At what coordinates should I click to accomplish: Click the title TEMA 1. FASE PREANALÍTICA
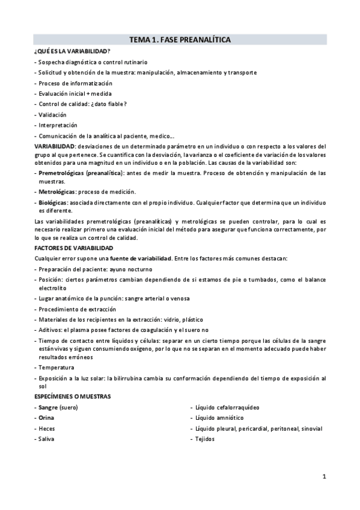point(180,40)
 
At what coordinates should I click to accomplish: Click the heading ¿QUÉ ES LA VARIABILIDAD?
point(72,51)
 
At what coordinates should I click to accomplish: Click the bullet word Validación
point(52,114)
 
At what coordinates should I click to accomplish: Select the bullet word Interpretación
point(58,125)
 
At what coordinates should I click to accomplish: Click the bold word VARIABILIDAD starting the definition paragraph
point(55,146)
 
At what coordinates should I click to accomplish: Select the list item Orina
point(46,417)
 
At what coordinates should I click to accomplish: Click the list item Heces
point(46,428)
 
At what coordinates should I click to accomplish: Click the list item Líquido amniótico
point(219,417)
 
